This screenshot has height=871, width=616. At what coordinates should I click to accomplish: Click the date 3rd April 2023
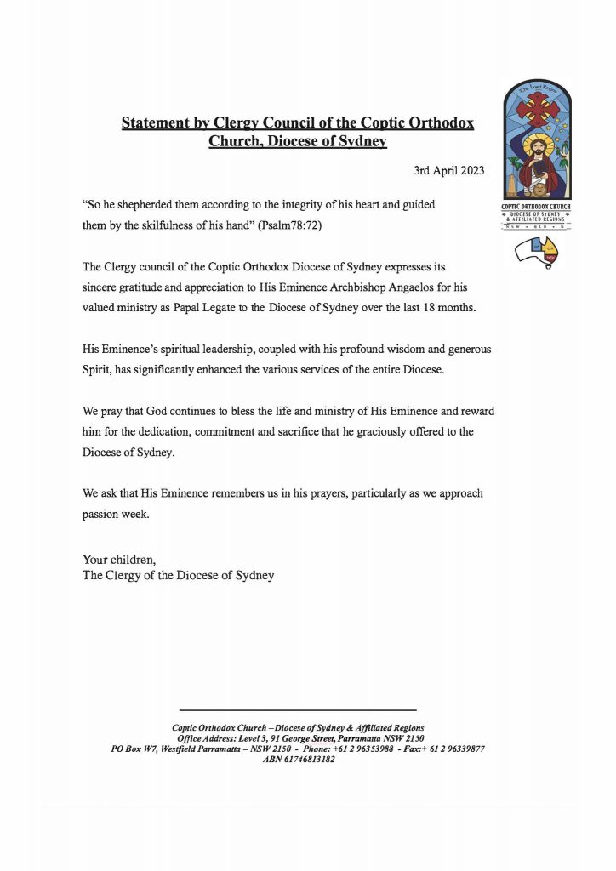[x=448, y=170]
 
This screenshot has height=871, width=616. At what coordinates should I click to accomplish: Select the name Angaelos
[x=443, y=287]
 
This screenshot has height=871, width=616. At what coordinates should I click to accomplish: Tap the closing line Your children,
[x=120, y=560]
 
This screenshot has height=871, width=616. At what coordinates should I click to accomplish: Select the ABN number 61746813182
[x=310, y=760]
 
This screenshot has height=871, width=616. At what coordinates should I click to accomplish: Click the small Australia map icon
[x=538, y=253]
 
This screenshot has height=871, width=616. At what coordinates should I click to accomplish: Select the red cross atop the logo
[x=537, y=109]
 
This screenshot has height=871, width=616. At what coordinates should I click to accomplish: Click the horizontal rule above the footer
[x=298, y=709]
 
